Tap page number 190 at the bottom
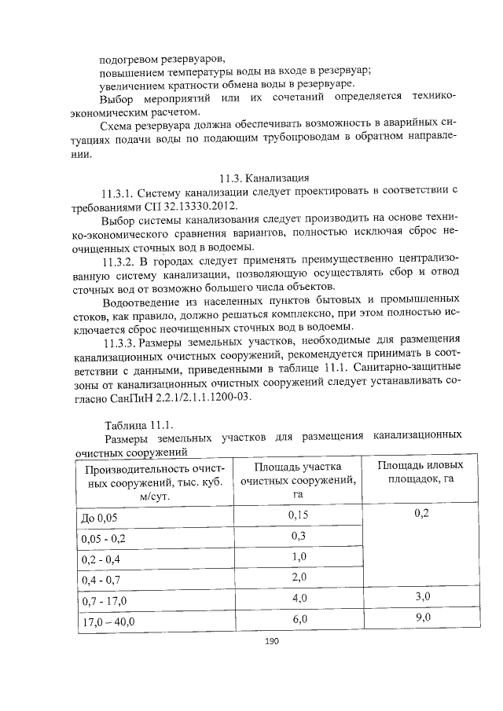[x=273, y=642]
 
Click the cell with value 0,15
[x=298, y=515]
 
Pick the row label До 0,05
[x=102, y=519]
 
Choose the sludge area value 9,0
[x=423, y=618]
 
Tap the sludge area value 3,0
[x=423, y=597]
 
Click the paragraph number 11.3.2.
[x=120, y=259]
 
